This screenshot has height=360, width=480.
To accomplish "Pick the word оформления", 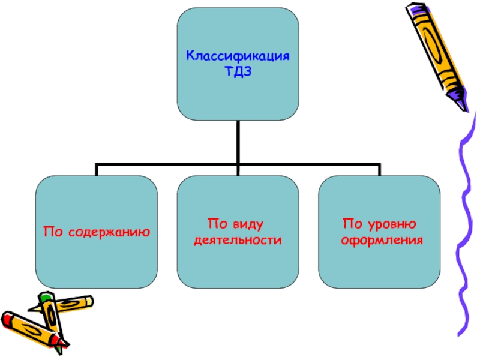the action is (382, 240).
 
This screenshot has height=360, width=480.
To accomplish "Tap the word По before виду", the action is (215, 224).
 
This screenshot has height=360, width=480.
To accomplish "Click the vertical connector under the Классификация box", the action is (238, 141).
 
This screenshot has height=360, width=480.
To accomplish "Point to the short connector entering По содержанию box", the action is (97, 169).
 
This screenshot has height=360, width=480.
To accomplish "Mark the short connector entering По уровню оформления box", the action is (379, 169).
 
